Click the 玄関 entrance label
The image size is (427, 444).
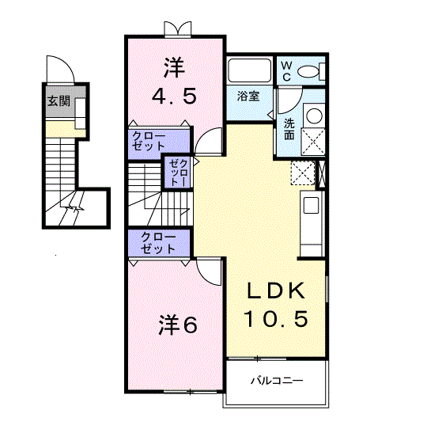pyautogui.click(x=59, y=101)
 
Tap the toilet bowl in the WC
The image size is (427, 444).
pyautogui.click(x=308, y=72)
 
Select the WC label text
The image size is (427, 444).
pyautogui.click(x=286, y=71)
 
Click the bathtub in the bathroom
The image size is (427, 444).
pyautogui.click(x=250, y=70)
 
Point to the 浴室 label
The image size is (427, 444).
pyautogui.click(x=248, y=96)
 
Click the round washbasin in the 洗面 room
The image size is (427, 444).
pyautogui.click(x=314, y=116)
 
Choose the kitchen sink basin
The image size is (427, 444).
pyautogui.click(x=311, y=205)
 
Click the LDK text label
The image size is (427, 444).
pyautogui.click(x=276, y=290)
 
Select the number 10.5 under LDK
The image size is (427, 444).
pyautogui.click(x=276, y=319)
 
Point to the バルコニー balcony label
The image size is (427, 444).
pyautogui.click(x=277, y=380)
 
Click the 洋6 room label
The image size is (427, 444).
pyautogui.click(x=178, y=324)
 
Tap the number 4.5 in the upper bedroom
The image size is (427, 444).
pyautogui.click(x=174, y=96)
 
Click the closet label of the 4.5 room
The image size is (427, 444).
pyautogui.click(x=149, y=141)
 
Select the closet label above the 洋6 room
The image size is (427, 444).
pyautogui.click(x=158, y=243)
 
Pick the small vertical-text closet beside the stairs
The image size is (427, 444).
pyautogui.click(x=178, y=173)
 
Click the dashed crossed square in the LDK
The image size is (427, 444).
pyautogui.click(x=303, y=173)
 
